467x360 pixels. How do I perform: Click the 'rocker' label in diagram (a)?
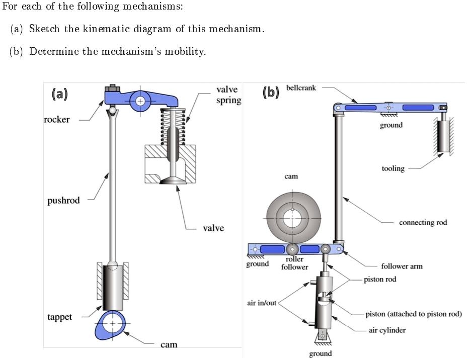(x=56, y=120)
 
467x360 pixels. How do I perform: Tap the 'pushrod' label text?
(x=63, y=201)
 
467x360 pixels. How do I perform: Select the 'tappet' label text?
(x=59, y=317)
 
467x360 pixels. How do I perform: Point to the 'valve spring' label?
(x=228, y=95)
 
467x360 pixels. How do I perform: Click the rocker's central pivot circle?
(x=140, y=101)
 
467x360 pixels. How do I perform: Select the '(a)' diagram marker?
(x=59, y=94)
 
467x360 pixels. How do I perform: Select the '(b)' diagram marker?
(x=271, y=93)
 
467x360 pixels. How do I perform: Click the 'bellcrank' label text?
(x=301, y=87)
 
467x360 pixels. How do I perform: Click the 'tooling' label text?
(x=393, y=168)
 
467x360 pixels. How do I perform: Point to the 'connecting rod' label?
(x=423, y=222)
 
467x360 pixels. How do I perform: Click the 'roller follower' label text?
(x=294, y=263)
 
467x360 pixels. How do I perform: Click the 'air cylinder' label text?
(x=387, y=330)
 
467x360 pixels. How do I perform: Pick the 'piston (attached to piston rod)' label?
(x=413, y=314)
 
